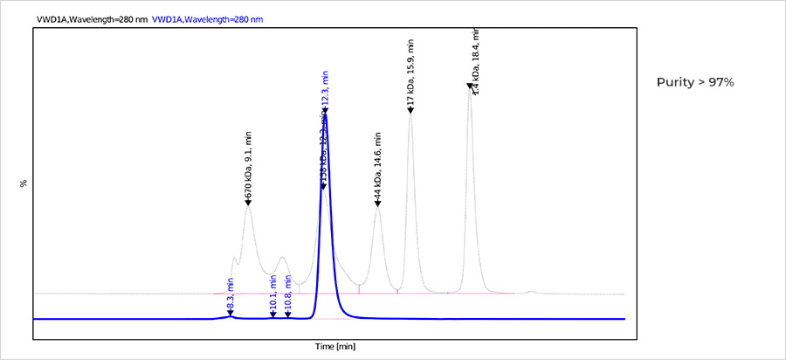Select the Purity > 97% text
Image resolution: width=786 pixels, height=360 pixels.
click(x=695, y=81)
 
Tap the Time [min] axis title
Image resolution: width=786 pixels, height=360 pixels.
click(x=335, y=347)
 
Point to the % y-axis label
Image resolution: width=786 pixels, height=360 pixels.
click(x=24, y=183)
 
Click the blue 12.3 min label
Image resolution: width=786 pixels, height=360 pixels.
click(x=324, y=87)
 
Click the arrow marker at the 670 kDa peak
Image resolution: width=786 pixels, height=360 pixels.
click(x=248, y=203)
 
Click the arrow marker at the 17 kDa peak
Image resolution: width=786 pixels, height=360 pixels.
click(x=410, y=109)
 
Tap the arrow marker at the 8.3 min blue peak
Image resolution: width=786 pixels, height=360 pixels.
click(x=231, y=312)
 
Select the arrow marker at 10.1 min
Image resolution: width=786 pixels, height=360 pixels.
click(x=273, y=315)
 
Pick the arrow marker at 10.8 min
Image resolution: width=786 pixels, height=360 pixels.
click(x=288, y=315)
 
